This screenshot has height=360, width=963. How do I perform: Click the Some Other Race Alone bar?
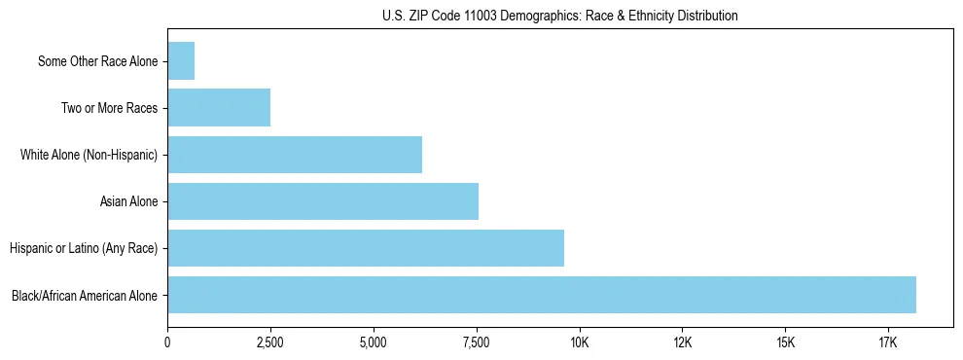181,61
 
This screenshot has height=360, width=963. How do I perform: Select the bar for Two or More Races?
219,108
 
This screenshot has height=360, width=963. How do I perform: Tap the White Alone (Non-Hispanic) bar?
295,155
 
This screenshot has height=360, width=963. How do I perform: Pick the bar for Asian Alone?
323,201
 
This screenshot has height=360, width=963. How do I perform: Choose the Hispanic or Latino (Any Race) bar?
366,248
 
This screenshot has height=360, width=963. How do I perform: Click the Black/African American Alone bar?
542,295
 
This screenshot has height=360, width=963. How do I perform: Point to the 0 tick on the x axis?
168,342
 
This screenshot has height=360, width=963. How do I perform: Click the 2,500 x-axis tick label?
270,342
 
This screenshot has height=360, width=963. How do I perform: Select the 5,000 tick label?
374,342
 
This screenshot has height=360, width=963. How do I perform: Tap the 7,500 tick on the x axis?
477,342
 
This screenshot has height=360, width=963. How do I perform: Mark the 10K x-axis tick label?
580,342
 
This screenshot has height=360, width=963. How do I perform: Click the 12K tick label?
683,342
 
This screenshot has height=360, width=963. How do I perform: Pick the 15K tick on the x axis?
786,342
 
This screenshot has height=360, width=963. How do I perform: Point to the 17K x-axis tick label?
888,342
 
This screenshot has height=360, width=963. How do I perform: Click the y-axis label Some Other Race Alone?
98,61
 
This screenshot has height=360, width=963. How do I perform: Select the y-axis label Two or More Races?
110,108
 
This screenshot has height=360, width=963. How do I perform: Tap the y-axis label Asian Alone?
129,201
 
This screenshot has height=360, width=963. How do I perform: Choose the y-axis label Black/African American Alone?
86,295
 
